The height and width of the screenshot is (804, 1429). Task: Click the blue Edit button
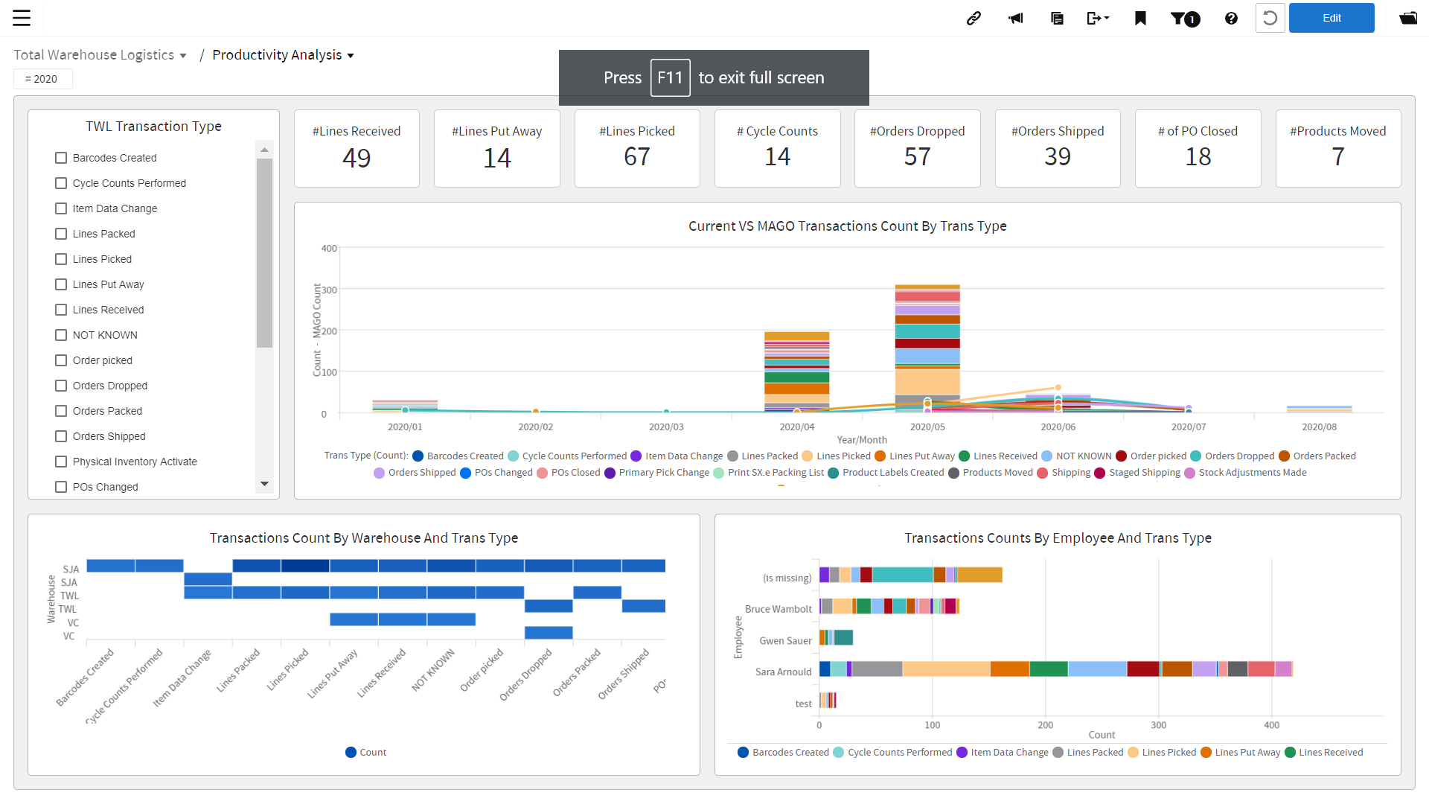[x=1331, y=18]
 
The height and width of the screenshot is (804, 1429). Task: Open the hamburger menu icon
[x=22, y=18]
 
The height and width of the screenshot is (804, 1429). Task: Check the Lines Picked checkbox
[x=61, y=259]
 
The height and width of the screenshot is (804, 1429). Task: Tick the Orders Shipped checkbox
[x=61, y=436]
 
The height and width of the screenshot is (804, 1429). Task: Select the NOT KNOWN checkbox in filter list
[x=61, y=335]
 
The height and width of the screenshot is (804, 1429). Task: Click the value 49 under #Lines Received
[x=357, y=158]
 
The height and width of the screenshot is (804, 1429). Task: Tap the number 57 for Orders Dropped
[x=917, y=157]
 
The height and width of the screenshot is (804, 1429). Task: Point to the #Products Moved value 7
[x=1337, y=157]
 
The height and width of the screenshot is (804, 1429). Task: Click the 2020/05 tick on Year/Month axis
[x=927, y=427]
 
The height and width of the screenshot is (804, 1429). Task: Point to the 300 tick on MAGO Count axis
[x=329, y=290]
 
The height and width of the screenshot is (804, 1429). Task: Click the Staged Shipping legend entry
[x=1144, y=473]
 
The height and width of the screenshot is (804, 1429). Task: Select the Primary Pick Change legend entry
[x=663, y=473]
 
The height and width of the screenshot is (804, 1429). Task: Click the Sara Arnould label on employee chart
[x=783, y=671]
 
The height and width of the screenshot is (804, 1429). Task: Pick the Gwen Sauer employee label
[x=785, y=640]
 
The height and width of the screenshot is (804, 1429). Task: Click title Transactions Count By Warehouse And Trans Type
[x=363, y=537]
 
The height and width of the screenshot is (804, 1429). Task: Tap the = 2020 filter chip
[x=42, y=79]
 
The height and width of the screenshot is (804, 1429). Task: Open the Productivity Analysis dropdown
[x=283, y=55]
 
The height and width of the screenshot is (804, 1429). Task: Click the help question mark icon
[x=1231, y=18]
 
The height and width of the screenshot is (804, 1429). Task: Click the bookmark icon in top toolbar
[x=1140, y=18]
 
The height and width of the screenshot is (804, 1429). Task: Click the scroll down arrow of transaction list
[x=264, y=484]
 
